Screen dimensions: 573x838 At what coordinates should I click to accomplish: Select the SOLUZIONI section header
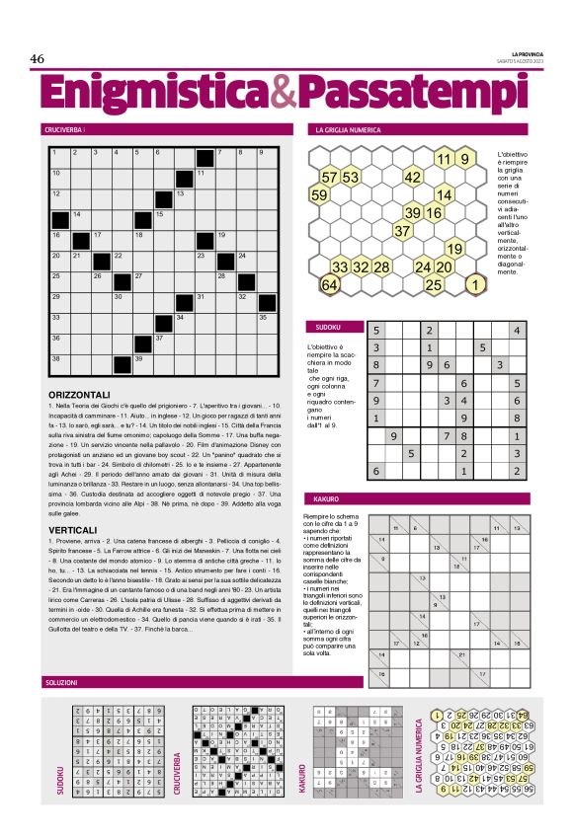(62, 682)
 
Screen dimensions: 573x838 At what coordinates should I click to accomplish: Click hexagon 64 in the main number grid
(330, 285)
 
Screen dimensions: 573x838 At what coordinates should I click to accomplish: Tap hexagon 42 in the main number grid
(413, 178)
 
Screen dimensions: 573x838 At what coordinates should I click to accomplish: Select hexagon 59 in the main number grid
(319, 195)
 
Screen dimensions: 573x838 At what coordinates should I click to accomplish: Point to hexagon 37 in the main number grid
(402, 231)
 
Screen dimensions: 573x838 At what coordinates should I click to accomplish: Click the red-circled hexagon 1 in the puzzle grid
(476, 285)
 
